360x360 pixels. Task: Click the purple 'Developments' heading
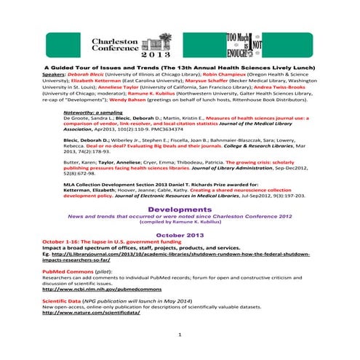coord(179,209)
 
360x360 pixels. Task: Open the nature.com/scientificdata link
coord(91,313)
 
